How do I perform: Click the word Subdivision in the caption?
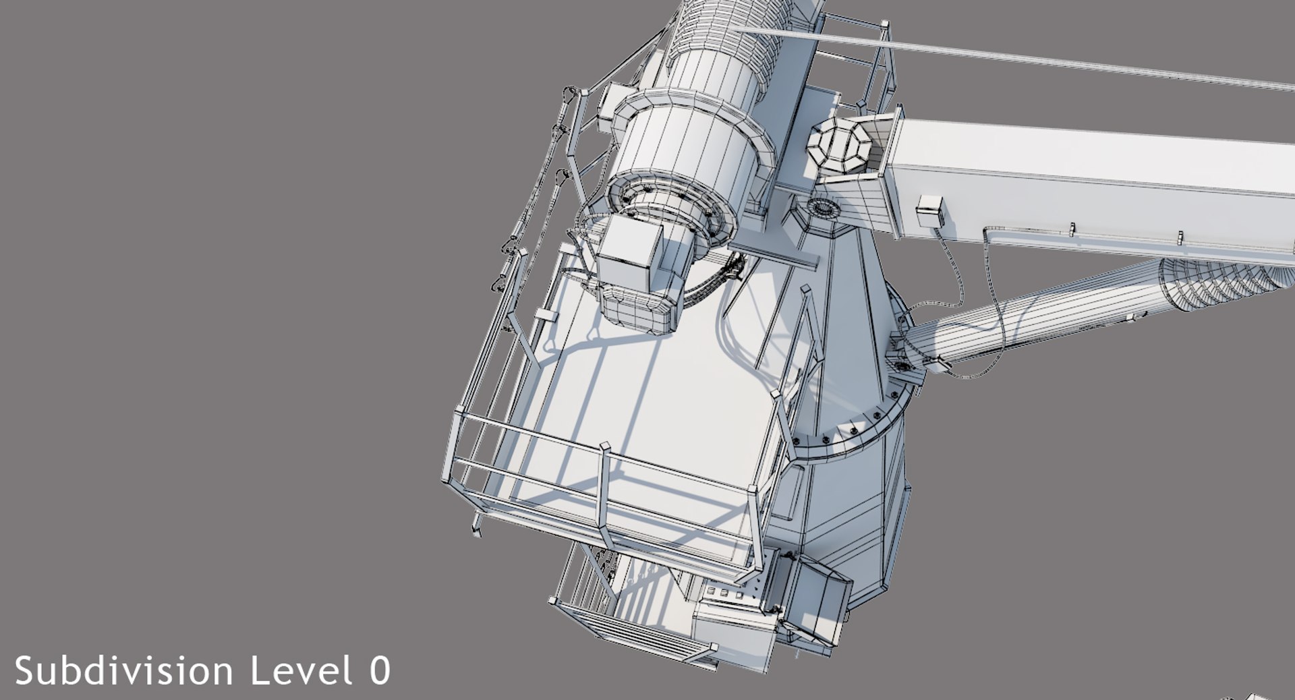123,671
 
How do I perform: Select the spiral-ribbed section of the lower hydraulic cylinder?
1221,283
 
